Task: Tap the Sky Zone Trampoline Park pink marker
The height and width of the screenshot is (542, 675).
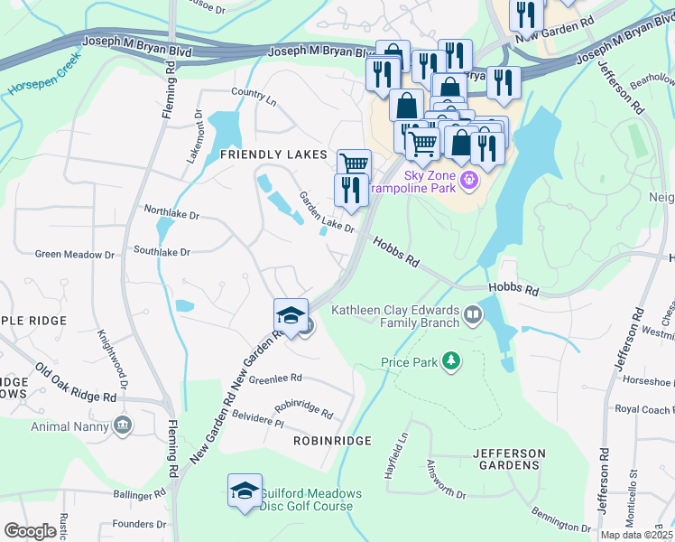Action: click(468, 182)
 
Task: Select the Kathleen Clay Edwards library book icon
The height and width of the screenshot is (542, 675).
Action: click(473, 315)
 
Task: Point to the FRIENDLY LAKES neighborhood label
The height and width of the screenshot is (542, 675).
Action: click(273, 155)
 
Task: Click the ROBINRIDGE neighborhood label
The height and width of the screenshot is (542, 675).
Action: click(332, 440)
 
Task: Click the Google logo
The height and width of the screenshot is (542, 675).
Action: click(30, 531)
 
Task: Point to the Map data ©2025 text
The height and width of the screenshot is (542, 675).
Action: click(636, 535)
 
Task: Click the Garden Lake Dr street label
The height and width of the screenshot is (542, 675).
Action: click(327, 212)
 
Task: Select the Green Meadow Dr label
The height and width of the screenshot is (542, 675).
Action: click(75, 255)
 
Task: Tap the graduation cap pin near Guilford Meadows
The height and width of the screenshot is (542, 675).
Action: click(245, 491)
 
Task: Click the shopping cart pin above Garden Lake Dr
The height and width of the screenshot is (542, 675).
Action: click(354, 164)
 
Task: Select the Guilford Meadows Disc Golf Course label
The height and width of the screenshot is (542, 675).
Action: click(310, 500)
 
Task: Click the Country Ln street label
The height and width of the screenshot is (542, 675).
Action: click(253, 93)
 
